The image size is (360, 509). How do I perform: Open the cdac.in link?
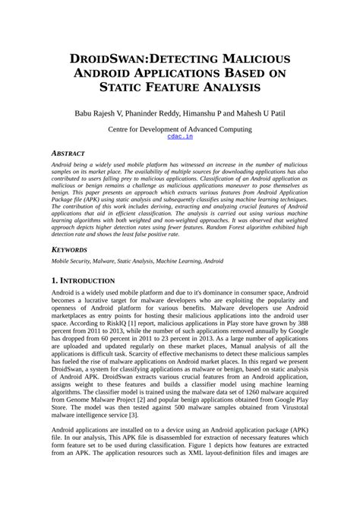point(180,138)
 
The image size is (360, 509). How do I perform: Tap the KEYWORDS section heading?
point(70,248)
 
